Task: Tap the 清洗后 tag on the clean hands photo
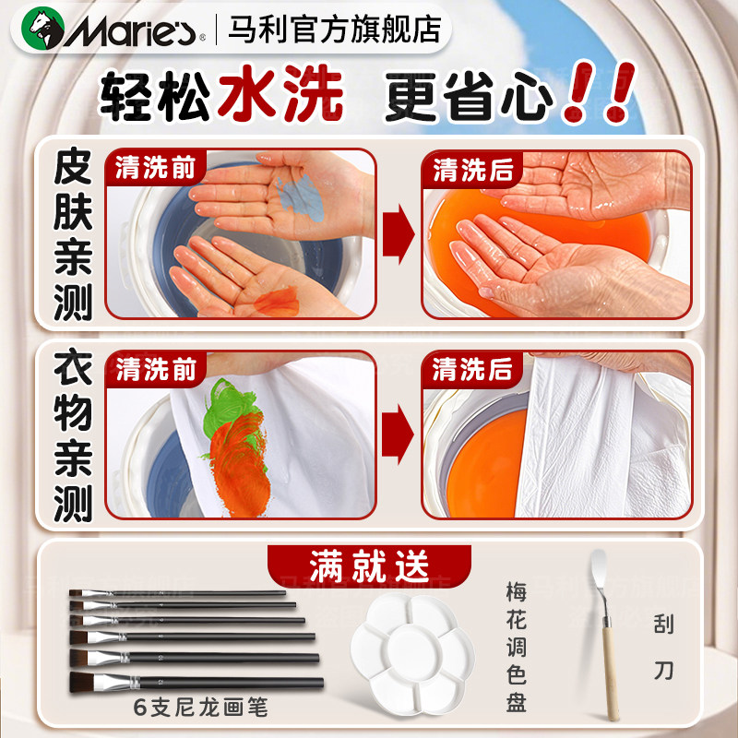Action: pos(472,170)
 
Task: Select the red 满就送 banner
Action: pos(368,564)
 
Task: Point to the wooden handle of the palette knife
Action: pos(609,669)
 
